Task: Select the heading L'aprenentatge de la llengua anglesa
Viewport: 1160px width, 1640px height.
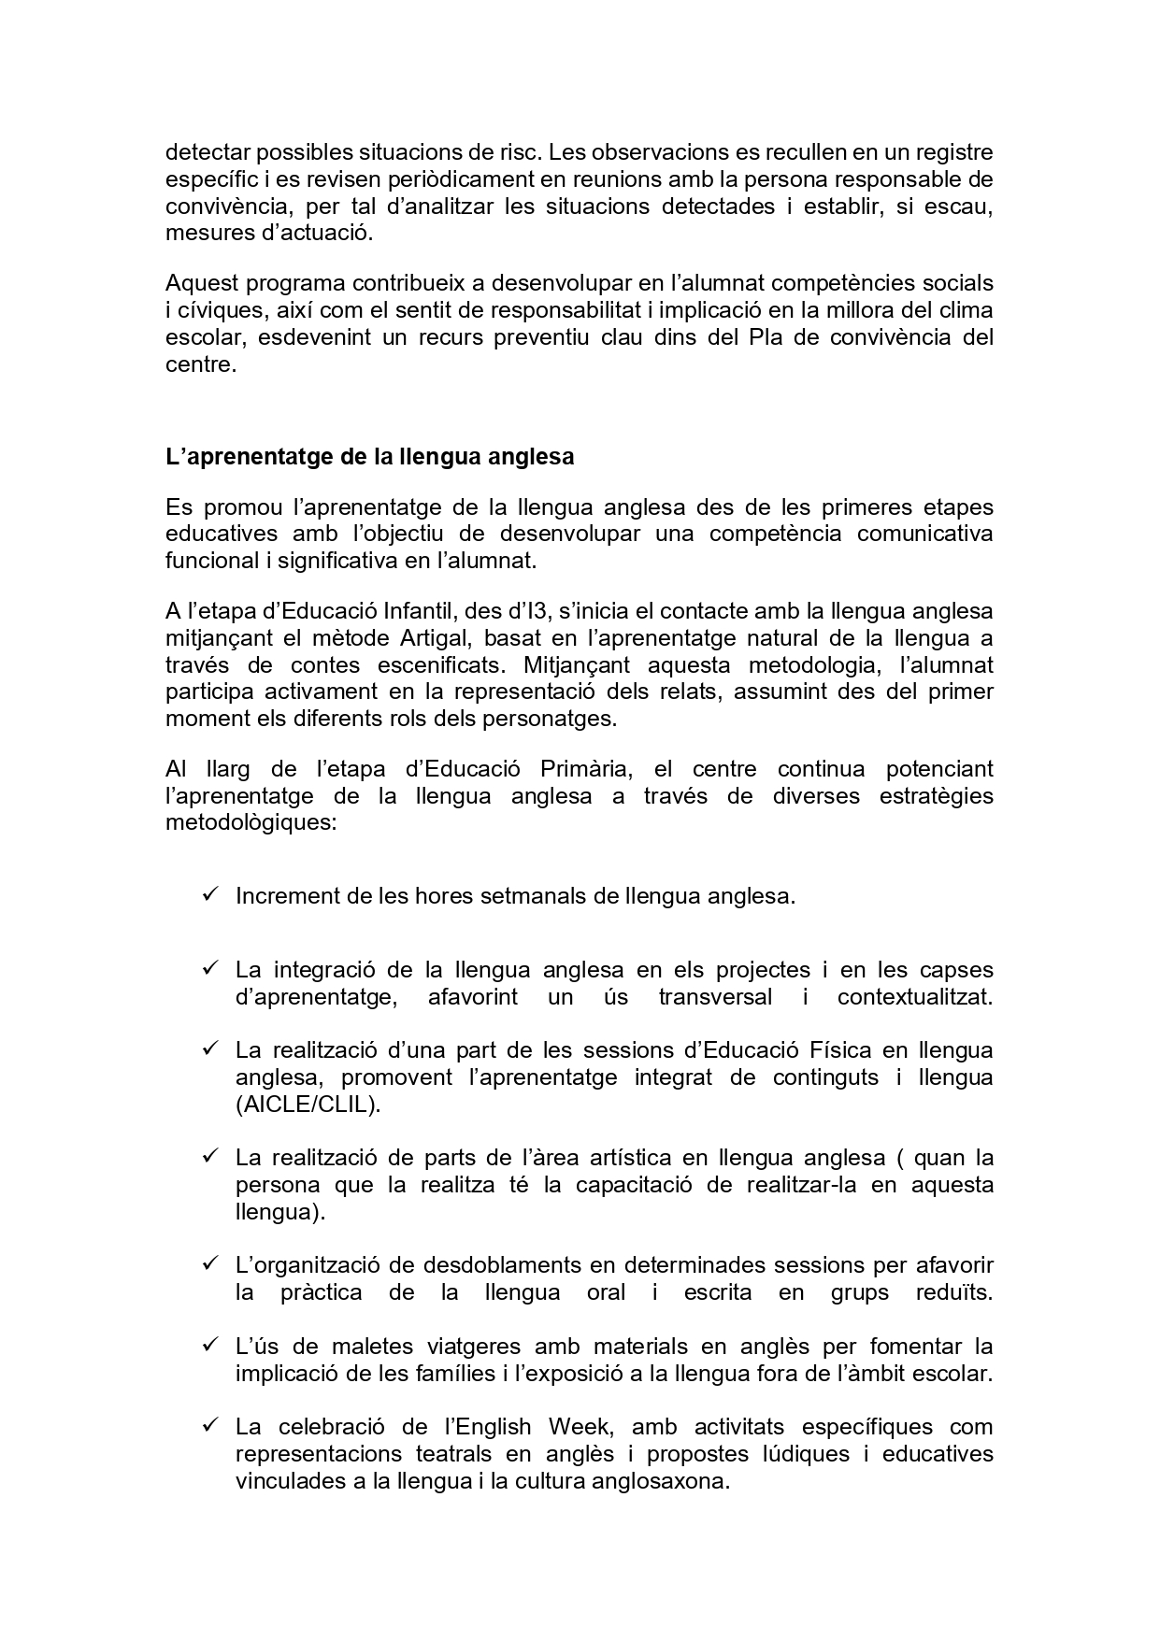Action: click(x=369, y=457)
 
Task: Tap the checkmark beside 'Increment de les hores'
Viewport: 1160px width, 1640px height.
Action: click(x=209, y=894)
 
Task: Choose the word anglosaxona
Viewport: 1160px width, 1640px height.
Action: click(x=661, y=1481)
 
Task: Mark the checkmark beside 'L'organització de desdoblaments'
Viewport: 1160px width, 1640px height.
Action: click(x=209, y=1263)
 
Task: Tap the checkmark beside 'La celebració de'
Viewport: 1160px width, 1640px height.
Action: click(x=209, y=1425)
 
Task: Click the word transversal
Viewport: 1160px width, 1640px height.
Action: click(x=715, y=996)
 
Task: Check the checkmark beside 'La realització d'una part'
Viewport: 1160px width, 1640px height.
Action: click(x=209, y=1048)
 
